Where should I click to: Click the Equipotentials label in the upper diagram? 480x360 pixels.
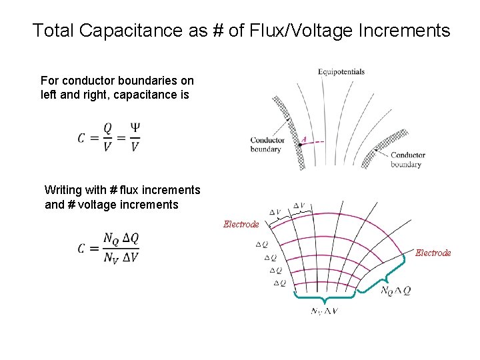coord(341,72)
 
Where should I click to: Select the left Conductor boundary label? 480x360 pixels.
coord(267,145)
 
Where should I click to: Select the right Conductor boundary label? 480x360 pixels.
coord(407,160)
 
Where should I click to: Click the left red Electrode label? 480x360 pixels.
coord(241,225)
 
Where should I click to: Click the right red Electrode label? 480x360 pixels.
coord(433,253)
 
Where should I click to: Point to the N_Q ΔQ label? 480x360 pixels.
coord(395,291)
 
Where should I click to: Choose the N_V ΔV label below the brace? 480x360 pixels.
coord(324,312)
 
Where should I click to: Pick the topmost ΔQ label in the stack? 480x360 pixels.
coord(261,245)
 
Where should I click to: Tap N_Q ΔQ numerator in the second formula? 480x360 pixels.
coord(121,238)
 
